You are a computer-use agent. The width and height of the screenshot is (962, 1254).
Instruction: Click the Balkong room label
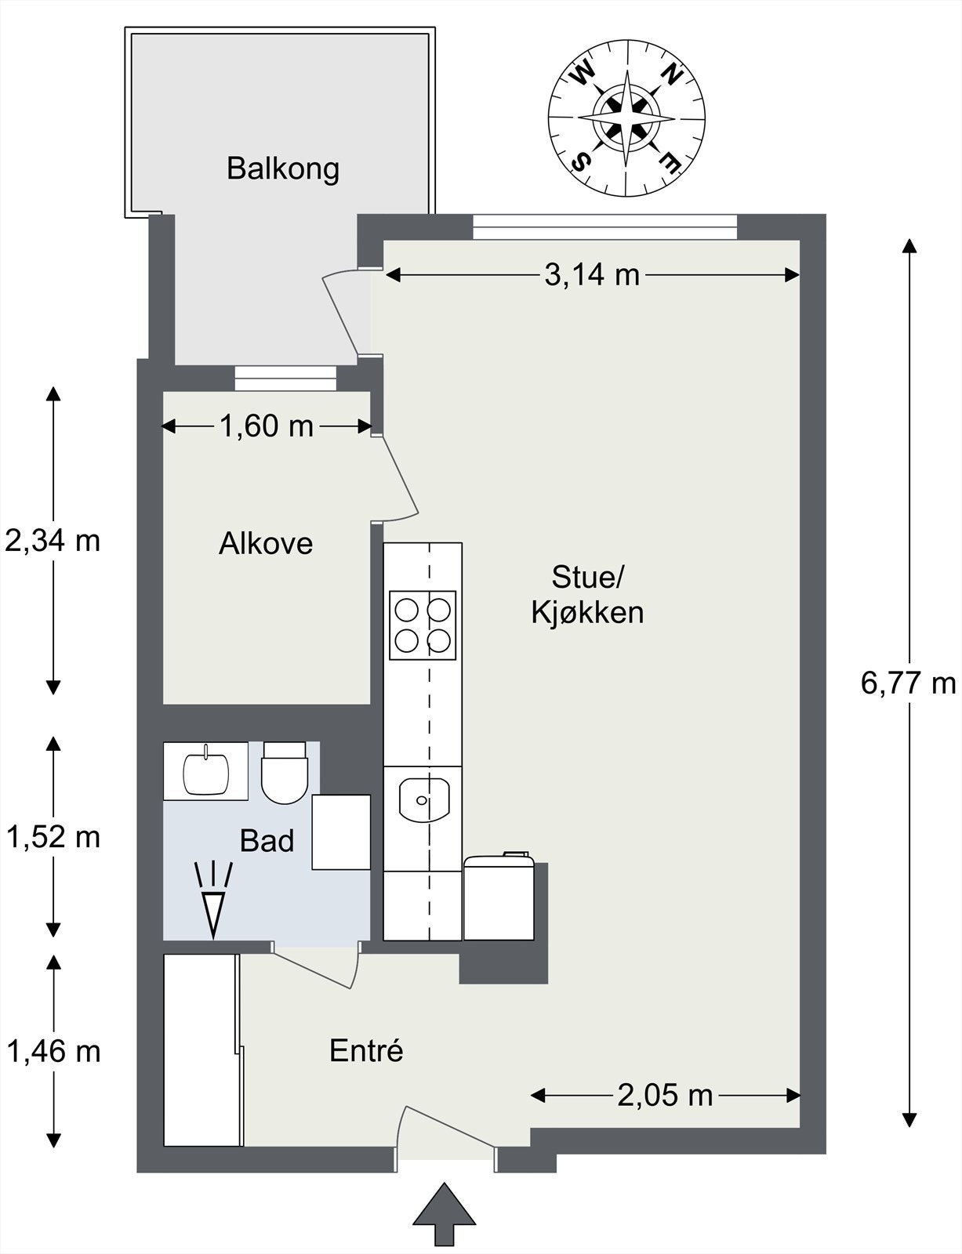[283, 169]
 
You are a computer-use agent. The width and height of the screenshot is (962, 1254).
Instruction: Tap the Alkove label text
[266, 544]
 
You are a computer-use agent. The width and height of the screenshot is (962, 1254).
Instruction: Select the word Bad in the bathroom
[267, 841]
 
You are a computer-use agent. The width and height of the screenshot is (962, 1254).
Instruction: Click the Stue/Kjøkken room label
[587, 595]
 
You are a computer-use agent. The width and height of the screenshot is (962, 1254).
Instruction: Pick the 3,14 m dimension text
[592, 275]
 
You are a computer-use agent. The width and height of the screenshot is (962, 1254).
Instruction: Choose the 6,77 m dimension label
[909, 684]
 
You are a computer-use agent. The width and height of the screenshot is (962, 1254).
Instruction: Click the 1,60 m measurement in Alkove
[266, 427]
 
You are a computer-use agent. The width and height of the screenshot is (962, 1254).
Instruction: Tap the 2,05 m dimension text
[665, 1096]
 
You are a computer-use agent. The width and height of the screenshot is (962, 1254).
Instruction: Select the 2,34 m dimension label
[53, 542]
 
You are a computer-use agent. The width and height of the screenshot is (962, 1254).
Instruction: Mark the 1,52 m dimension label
[53, 837]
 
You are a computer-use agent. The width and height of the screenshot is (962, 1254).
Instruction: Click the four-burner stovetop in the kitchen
[423, 625]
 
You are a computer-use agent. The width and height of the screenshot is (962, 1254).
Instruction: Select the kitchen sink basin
[423, 799]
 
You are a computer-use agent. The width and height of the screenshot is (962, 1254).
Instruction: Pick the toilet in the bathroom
[284, 773]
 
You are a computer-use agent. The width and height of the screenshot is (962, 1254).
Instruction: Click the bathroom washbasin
[206, 771]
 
